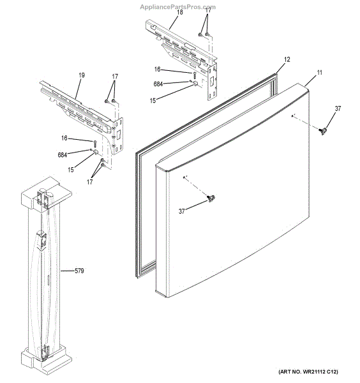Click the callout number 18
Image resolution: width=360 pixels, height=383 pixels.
click(x=179, y=12)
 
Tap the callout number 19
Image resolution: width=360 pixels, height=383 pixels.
click(x=81, y=76)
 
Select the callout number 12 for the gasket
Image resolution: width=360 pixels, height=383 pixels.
click(x=287, y=59)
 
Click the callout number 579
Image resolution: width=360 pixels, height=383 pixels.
click(x=79, y=271)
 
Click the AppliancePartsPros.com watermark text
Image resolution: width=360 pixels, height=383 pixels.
click(x=177, y=6)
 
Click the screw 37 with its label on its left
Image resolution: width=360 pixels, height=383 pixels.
click(x=212, y=200)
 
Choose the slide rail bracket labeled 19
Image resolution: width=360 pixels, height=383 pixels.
click(x=80, y=109)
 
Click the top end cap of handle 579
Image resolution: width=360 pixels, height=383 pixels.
click(x=40, y=191)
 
